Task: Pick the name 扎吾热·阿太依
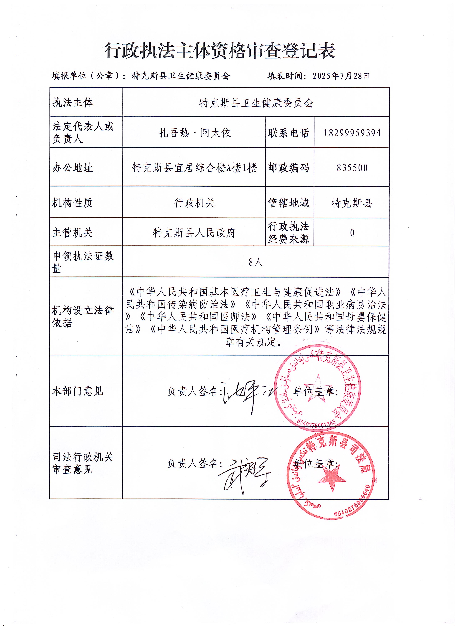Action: click(194, 133)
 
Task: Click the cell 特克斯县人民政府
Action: click(194, 233)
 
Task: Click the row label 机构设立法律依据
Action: click(83, 317)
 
